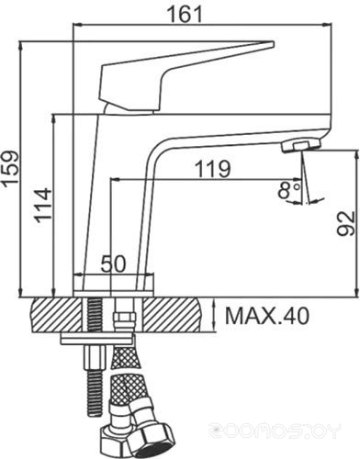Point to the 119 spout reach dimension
pyautogui.click(x=212, y=169)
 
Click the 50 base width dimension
pyautogui.click(x=114, y=264)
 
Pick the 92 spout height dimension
pyautogui.click(x=346, y=224)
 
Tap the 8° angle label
pyautogui.click(x=288, y=190)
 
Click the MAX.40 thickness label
pyautogui.click(x=267, y=317)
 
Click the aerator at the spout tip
pyautogui.click(x=301, y=145)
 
